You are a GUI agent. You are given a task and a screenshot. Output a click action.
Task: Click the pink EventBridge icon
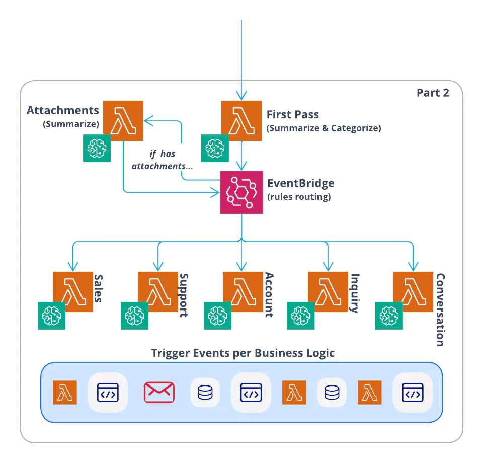(242, 193)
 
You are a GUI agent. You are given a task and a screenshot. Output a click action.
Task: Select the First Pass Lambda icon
(242, 120)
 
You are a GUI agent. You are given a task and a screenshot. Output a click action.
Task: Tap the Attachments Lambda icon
(123, 120)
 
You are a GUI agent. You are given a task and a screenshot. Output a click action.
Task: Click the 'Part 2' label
(433, 93)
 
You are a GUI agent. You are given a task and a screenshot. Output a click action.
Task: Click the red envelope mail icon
(159, 392)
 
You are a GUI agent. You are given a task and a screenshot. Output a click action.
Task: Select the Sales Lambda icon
(73, 292)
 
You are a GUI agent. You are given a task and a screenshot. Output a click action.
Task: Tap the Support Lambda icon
(158, 292)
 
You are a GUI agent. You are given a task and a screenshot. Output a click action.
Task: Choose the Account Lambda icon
(243, 292)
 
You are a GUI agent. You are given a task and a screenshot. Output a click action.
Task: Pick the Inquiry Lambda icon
(328, 292)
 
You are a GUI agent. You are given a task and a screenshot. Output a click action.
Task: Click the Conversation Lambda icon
(413, 292)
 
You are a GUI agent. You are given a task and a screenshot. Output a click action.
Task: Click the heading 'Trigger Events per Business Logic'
(243, 353)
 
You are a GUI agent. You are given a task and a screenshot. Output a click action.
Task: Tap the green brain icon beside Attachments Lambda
(97, 148)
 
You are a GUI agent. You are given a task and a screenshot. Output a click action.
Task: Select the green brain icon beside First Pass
(215, 148)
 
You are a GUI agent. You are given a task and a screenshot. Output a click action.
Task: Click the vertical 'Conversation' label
(440, 310)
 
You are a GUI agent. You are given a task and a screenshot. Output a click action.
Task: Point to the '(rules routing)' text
(299, 197)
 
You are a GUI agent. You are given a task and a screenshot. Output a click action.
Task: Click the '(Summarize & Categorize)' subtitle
(324, 128)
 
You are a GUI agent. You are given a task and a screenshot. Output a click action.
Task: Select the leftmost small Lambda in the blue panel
(65, 392)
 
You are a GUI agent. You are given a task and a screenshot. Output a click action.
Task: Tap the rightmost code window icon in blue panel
(413, 392)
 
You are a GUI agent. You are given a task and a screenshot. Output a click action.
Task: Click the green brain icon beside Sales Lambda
(52, 316)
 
